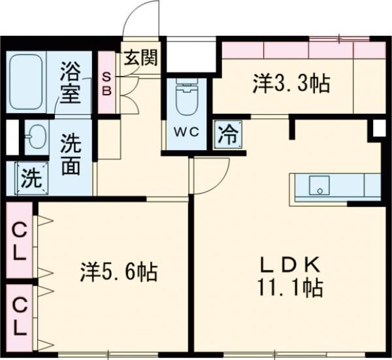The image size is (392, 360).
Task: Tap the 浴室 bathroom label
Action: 71,81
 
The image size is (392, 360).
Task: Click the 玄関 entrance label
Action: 140,59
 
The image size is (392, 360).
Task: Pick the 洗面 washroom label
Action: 71,155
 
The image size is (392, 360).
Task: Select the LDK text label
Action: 290,265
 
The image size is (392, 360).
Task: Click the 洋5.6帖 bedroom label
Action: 119,271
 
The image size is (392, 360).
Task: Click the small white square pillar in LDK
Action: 379,129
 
